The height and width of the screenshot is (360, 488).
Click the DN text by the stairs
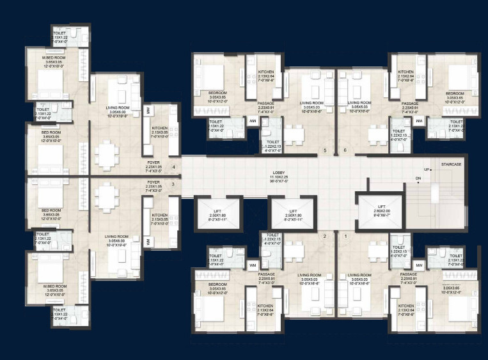pyautogui.click(x=418, y=178)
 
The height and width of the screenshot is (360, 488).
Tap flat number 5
pyautogui.click(x=325, y=151)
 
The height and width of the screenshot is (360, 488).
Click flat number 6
pyautogui.click(x=345, y=151)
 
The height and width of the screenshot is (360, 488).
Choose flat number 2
pyautogui.click(x=325, y=236)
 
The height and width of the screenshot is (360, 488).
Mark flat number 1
pyautogui.click(x=345, y=236)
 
